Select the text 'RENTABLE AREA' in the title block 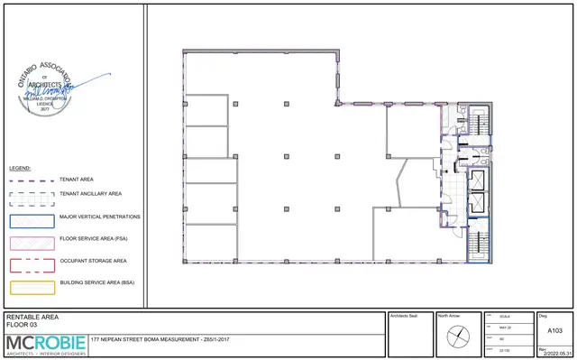click(x=32, y=318)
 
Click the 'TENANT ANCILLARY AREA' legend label click(x=90, y=194)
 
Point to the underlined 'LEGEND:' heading click(x=20, y=168)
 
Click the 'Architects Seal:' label click(x=403, y=317)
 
